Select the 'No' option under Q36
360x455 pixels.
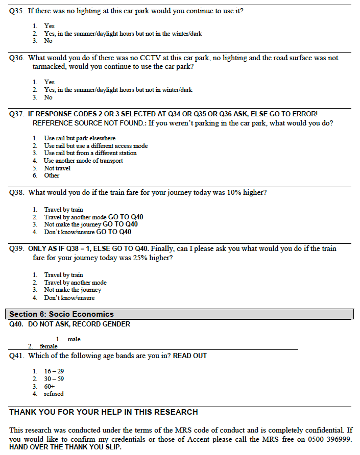pyautogui.click(x=48, y=97)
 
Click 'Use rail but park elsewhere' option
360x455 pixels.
pyautogui.click(x=80, y=138)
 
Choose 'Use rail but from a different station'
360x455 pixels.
pyautogui.click(x=90, y=153)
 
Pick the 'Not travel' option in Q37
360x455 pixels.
pyautogui.click(x=57, y=168)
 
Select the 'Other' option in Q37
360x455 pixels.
pyautogui.click(x=52, y=175)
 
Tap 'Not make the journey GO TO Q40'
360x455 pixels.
pyautogui.click(x=90, y=224)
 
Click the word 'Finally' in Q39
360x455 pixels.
pyautogui.click(x=162, y=249)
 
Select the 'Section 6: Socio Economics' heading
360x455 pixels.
pyautogui.click(x=61, y=314)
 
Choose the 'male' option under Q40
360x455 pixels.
pyautogui.click(x=74, y=339)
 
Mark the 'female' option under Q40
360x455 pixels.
pyautogui.click(x=49, y=346)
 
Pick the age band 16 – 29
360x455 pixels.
pyautogui.click(x=54, y=371)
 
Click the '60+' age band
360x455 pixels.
pyautogui.click(x=50, y=387)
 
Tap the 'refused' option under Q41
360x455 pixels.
pyautogui.click(x=54, y=394)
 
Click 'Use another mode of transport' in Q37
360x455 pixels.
pyautogui.click(x=83, y=161)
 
